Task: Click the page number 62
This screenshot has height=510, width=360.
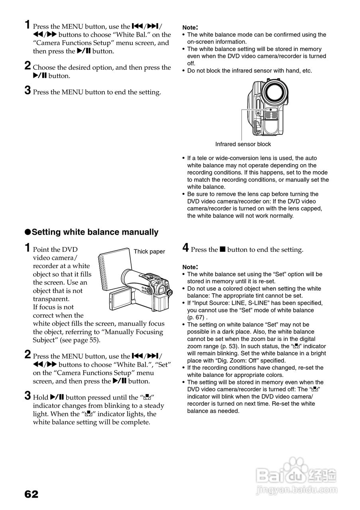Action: (31, 494)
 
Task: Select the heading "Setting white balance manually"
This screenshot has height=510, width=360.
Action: (95, 232)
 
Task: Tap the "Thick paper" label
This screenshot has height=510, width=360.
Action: (149, 251)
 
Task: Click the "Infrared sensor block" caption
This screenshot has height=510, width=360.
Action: (243, 144)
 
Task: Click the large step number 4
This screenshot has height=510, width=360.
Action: (185, 248)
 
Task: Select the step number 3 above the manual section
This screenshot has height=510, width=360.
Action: (28, 91)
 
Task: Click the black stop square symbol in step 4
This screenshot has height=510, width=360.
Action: (222, 249)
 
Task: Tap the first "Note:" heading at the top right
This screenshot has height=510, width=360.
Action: (190, 27)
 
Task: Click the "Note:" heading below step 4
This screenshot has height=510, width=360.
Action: (190, 267)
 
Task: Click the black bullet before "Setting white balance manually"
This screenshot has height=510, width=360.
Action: (28, 232)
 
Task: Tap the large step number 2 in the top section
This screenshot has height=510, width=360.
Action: (28, 66)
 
